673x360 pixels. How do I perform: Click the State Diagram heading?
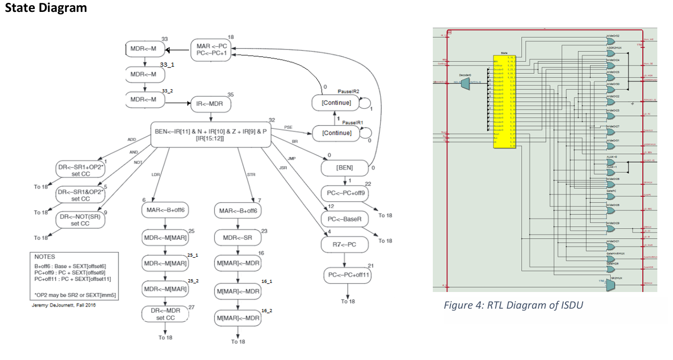(x=46, y=8)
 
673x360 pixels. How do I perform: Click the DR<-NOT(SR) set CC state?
(x=80, y=219)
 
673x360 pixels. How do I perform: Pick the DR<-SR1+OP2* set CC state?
(x=80, y=170)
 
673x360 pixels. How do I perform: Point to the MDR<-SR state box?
(x=237, y=237)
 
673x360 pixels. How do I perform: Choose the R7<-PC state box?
(x=344, y=245)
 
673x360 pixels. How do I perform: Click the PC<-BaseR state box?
(x=344, y=220)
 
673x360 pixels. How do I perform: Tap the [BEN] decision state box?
(x=344, y=168)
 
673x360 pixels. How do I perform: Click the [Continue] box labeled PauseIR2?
(x=337, y=103)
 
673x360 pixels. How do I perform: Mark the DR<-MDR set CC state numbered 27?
(x=165, y=314)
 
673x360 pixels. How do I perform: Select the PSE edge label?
(x=288, y=127)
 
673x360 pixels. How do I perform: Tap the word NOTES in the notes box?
(x=45, y=257)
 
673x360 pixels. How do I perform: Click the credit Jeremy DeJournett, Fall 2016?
(x=63, y=305)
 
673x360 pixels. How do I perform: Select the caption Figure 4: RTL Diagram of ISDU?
(x=513, y=305)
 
